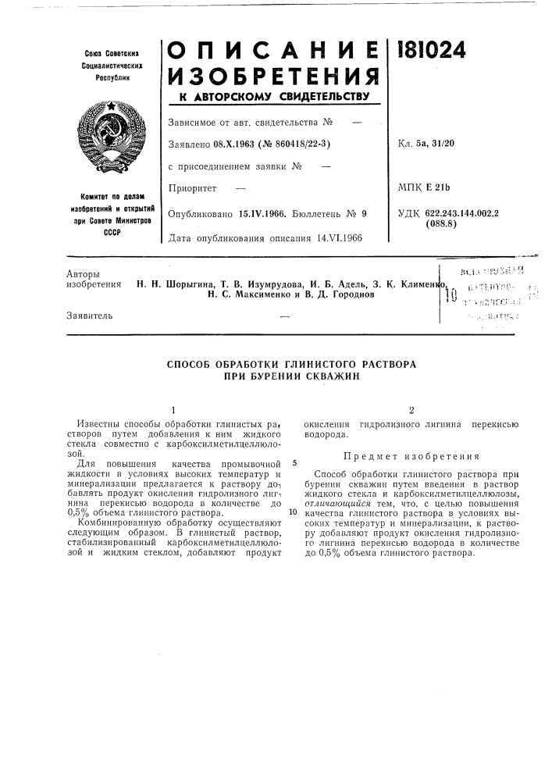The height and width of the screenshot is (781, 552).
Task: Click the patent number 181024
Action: coord(432,50)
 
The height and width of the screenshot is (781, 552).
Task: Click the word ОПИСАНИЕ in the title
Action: coord(272,49)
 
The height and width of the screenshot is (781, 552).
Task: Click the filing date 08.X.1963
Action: coord(233,142)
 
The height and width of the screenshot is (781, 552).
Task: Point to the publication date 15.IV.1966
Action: coord(259,212)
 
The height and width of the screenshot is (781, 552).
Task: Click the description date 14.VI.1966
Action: coord(340,237)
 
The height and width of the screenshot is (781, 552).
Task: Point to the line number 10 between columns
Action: coord(293,512)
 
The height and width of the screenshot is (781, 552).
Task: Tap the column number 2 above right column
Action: coord(411,410)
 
